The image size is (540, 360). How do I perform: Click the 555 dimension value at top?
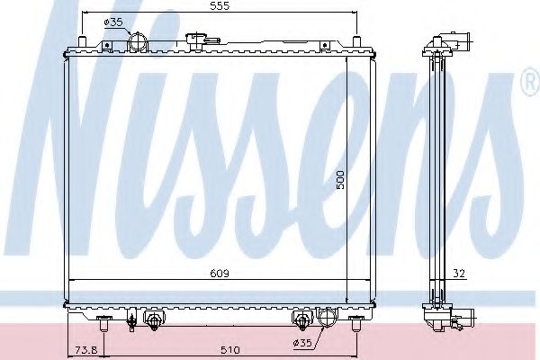click(x=220, y=5)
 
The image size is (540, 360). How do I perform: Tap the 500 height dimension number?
click(x=340, y=180)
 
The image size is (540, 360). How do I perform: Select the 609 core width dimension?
click(x=220, y=274)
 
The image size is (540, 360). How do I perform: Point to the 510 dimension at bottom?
click(x=230, y=350)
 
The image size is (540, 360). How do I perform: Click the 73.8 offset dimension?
click(x=86, y=350)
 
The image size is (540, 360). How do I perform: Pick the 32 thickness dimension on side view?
click(x=459, y=274)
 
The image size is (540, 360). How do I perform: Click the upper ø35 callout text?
click(x=113, y=22)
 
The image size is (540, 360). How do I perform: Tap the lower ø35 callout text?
click(x=302, y=343)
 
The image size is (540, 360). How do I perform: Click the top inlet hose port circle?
click(x=138, y=43)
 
